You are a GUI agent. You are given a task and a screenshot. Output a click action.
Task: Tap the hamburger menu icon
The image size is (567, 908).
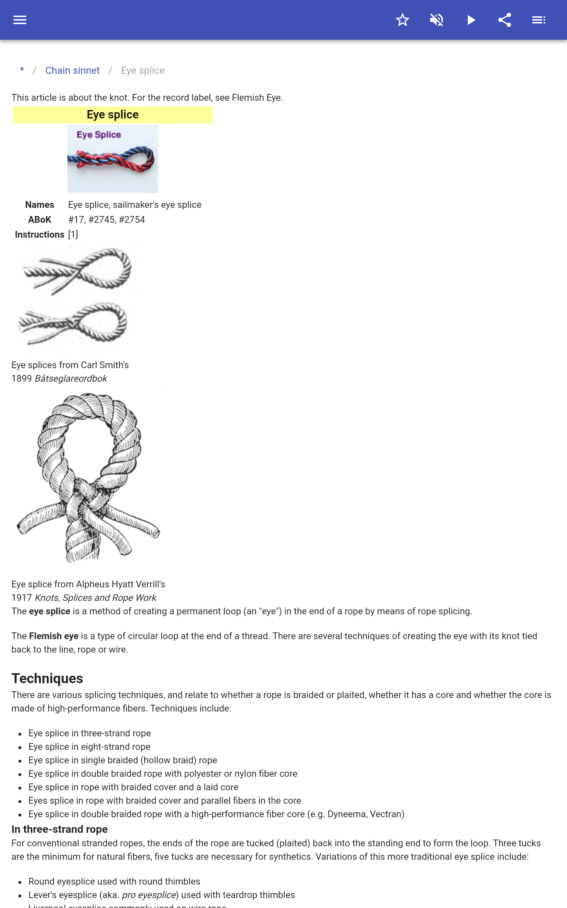[20, 20]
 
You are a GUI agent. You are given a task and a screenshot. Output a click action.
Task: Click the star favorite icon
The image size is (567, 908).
[402, 20]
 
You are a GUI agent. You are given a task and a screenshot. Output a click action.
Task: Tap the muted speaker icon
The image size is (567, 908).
[437, 20]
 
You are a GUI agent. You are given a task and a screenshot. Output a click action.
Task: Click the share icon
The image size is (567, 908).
[504, 20]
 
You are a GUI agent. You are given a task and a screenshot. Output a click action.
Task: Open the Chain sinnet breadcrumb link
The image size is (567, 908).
[72, 71]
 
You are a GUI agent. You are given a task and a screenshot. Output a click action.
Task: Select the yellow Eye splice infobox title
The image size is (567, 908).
[112, 115]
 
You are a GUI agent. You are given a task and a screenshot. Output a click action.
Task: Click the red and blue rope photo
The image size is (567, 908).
[112, 159]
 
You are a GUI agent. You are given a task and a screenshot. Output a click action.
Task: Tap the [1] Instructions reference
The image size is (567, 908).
[73, 234]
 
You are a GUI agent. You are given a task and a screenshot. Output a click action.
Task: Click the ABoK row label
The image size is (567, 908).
[39, 220]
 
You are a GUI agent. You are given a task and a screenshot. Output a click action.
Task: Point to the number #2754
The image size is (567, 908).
[131, 220]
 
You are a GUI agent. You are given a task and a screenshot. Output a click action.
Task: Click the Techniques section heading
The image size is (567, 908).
[47, 679]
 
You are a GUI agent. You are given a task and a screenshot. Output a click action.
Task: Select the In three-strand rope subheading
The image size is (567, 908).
[60, 829]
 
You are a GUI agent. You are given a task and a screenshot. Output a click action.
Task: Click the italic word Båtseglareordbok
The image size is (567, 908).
[71, 378]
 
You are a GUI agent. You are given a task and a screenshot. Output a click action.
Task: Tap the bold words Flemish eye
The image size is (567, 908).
[54, 636]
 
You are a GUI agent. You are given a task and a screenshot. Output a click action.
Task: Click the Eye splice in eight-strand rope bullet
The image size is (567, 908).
[89, 747]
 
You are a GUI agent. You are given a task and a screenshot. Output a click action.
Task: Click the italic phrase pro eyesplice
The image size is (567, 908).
[149, 895]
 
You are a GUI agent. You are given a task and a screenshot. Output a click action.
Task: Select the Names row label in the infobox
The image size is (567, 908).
[39, 205]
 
